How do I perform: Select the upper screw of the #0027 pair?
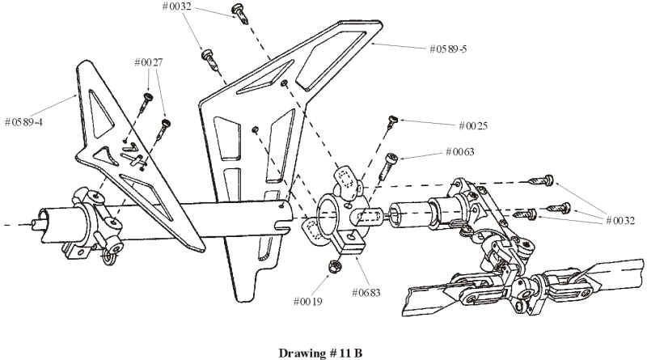148,100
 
